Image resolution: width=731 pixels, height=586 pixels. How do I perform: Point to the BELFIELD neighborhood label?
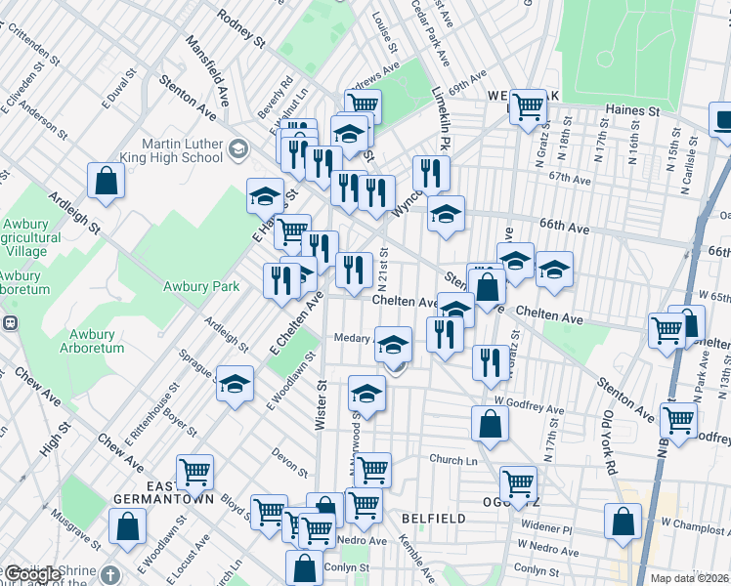pos(432,518)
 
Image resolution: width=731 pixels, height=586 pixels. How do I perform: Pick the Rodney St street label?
pos(241,29)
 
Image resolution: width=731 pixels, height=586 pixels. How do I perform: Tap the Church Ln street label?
pos(451,459)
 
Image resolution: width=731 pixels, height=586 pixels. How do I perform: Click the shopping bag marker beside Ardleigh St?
pos(107,181)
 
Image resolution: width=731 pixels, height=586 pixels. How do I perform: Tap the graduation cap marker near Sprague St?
pos(235,384)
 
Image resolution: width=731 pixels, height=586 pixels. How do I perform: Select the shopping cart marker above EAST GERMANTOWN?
pos(194,473)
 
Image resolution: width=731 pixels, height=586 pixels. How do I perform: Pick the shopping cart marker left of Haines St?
pos(528,106)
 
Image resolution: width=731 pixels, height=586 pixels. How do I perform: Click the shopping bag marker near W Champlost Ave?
pos(623,522)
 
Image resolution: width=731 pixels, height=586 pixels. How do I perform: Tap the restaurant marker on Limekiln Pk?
pos(431,174)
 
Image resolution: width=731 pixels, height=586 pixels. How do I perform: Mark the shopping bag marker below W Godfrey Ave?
pos(490,423)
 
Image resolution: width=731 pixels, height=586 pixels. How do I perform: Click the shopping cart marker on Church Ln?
pos(372,470)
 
